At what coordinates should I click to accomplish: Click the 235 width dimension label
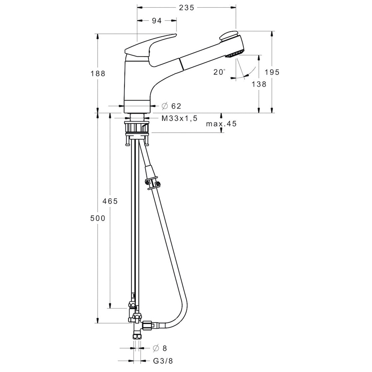(186, 8)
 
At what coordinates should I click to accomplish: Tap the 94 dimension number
(157, 21)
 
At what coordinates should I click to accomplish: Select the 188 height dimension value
(98, 73)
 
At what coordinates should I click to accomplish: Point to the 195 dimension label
(272, 72)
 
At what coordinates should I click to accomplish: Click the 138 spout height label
(259, 84)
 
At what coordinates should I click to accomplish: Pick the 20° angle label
(219, 72)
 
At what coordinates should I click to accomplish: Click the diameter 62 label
(171, 106)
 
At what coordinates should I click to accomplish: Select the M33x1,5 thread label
(179, 118)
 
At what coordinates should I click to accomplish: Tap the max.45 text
(221, 124)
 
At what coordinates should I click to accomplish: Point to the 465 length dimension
(110, 201)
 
